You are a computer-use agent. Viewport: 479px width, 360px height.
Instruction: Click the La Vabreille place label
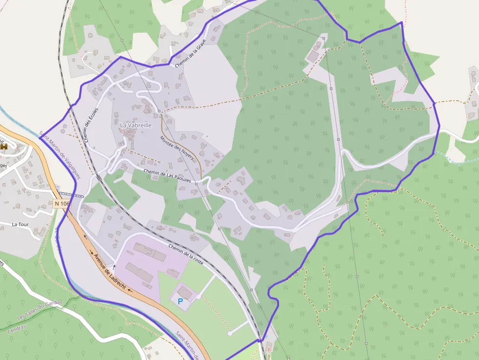coord(136,125)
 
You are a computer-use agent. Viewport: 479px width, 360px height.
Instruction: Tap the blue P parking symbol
coord(180,302)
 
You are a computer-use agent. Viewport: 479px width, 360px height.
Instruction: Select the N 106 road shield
coord(62,203)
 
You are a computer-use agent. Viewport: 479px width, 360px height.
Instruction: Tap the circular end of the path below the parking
coord(229,334)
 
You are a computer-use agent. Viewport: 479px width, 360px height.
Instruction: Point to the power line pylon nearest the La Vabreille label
coord(159,111)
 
